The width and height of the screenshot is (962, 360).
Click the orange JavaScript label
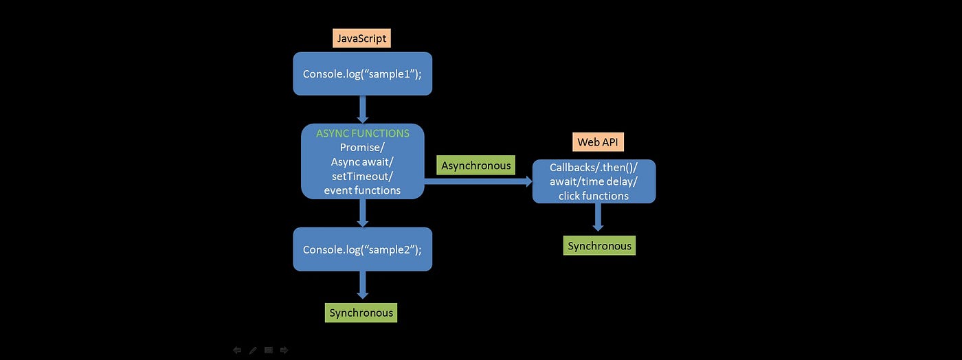[x=361, y=38]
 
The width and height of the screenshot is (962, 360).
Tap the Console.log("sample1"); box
[x=362, y=74]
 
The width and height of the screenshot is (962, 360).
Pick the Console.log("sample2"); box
[x=362, y=249]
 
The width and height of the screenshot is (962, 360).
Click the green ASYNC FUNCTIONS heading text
[x=362, y=133]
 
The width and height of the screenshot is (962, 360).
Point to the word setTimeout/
[x=362, y=176]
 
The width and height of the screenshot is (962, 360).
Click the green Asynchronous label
[x=476, y=166]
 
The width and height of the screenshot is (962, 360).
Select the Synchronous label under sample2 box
[x=361, y=313]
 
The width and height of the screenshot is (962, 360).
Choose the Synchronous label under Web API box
[x=599, y=246]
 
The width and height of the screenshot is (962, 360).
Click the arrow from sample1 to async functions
[x=362, y=109]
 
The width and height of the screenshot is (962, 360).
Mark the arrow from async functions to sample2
[x=362, y=213]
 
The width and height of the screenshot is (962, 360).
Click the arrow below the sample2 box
[x=362, y=284]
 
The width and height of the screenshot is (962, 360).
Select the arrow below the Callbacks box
[x=598, y=217]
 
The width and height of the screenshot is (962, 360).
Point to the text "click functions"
[x=593, y=196]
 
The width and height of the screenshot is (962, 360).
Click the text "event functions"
[x=362, y=190]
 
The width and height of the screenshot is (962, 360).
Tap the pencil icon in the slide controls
[x=253, y=350]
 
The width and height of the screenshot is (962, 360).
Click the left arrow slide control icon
[x=237, y=350]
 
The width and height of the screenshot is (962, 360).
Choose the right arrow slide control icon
[x=284, y=350]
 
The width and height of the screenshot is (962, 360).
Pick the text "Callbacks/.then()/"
[x=594, y=168]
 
